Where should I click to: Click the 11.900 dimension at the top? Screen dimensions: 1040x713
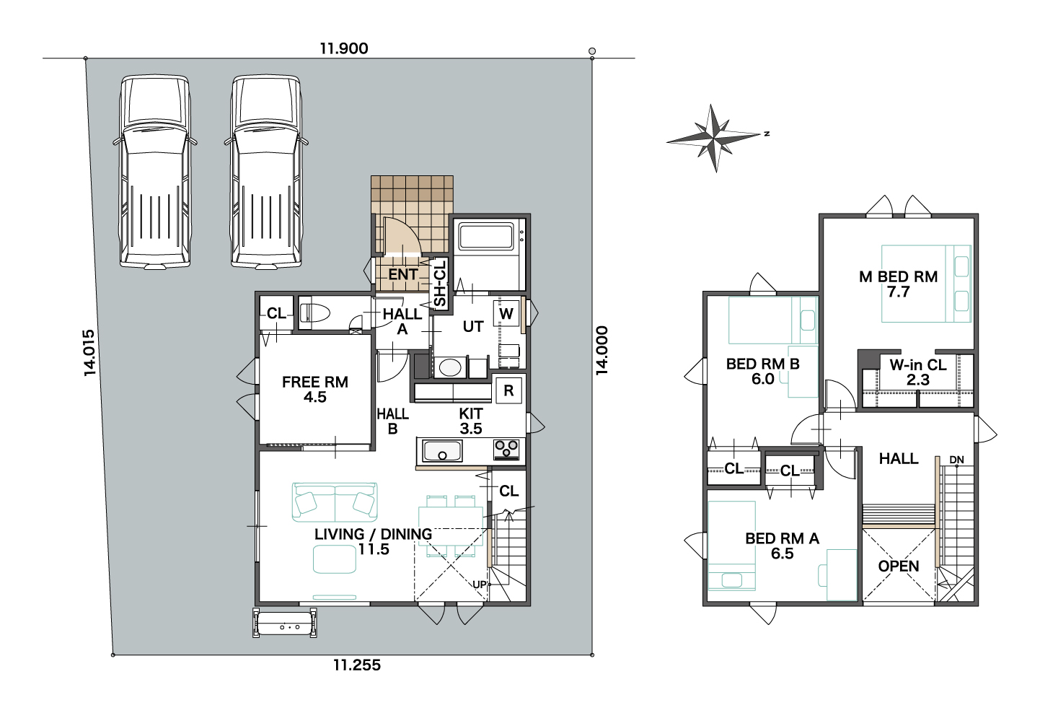coord(344,48)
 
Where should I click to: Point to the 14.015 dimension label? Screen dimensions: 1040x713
coord(89,353)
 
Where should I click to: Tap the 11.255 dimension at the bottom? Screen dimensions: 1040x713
coord(357,665)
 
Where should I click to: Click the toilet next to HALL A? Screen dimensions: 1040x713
coord(314,313)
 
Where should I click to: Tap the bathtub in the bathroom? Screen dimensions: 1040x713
coord(487,236)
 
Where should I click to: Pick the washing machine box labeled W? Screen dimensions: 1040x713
coord(506,313)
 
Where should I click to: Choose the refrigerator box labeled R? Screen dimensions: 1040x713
coord(509,390)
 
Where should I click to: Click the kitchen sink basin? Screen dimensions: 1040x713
coord(442,451)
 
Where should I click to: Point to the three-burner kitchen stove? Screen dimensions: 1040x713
coord(506,449)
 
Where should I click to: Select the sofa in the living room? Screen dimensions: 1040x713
coord(335,502)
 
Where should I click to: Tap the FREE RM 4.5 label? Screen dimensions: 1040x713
coord(315,389)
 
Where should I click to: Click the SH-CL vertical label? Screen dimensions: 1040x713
coord(439,284)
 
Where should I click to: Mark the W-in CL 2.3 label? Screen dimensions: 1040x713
coord(918,372)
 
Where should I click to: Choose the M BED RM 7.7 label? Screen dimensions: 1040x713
coord(899,284)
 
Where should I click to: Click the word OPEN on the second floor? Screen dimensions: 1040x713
coord(899,567)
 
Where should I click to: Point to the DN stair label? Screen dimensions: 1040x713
coord(957,460)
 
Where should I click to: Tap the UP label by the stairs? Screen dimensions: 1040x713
coord(480,585)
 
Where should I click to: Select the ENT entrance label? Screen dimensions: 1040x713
coord(403,274)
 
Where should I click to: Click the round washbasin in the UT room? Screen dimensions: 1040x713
coord(449,367)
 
